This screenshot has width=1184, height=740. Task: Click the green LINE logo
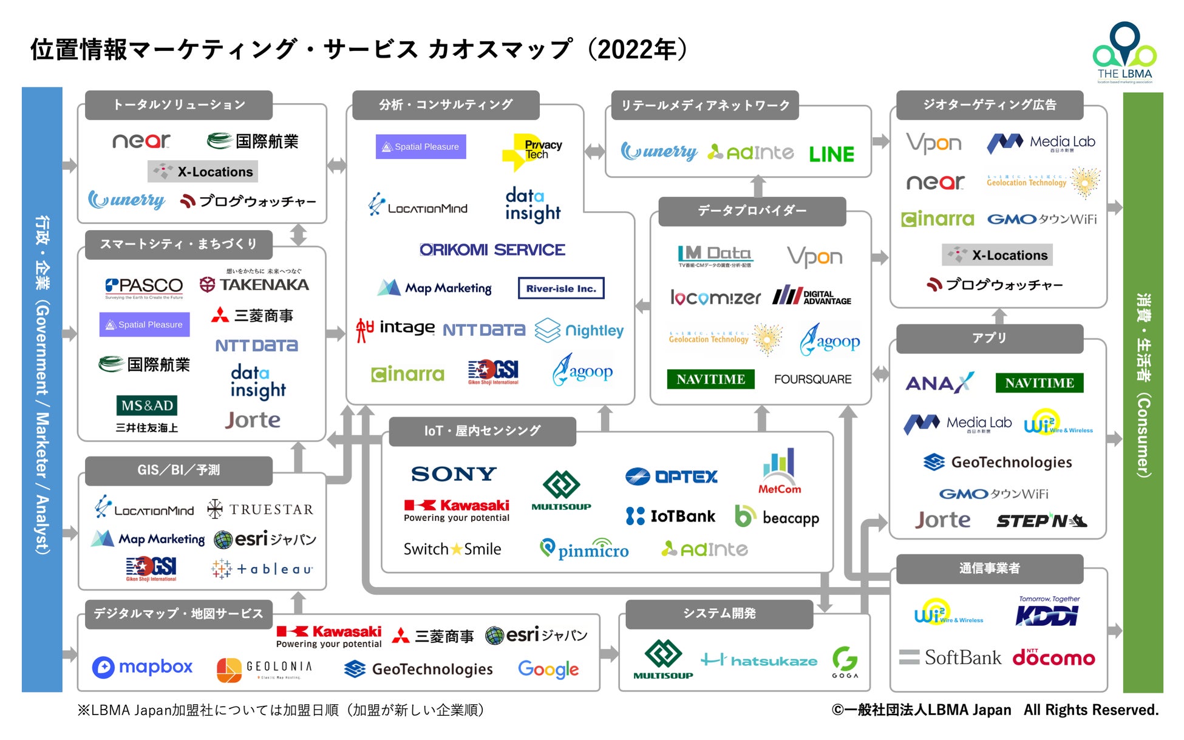831,154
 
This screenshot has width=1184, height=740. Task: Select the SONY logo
454,474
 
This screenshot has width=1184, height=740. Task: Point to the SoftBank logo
950,657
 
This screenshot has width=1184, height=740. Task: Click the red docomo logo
1053,657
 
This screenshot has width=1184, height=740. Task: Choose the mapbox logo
143,667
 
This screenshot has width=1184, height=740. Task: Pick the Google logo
548,669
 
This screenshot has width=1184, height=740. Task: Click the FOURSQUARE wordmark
812,379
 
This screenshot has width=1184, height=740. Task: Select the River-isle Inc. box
561,288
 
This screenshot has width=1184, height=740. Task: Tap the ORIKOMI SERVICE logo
492,249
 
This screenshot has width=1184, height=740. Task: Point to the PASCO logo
144,286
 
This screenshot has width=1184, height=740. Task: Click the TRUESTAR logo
260,509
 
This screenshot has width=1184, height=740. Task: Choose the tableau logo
262,569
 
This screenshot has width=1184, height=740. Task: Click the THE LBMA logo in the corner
1124,53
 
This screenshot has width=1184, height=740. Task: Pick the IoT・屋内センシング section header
482,431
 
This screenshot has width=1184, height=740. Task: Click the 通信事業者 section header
989,568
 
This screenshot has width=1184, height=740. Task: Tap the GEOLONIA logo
265,669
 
